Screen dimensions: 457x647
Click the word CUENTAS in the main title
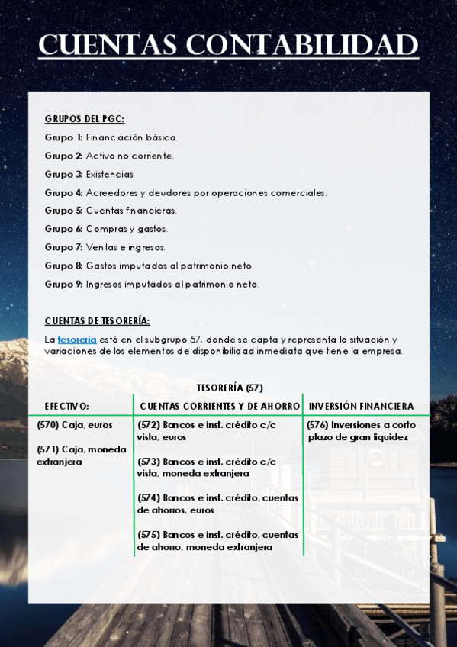point(108,46)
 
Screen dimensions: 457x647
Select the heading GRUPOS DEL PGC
point(84,119)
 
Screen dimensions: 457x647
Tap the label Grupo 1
point(63,137)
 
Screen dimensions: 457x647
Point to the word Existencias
point(110,174)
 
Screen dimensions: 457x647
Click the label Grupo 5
point(63,211)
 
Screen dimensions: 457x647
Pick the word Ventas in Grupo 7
point(101,247)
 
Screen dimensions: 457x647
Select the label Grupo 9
point(63,284)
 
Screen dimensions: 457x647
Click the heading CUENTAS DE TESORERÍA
point(97,321)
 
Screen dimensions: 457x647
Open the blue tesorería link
point(77,340)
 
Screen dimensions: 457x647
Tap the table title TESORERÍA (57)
point(230,388)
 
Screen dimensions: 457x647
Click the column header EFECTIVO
point(66,406)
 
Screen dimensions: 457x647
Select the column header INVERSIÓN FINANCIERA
point(361,406)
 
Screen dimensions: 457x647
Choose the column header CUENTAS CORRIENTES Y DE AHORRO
point(220,406)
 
